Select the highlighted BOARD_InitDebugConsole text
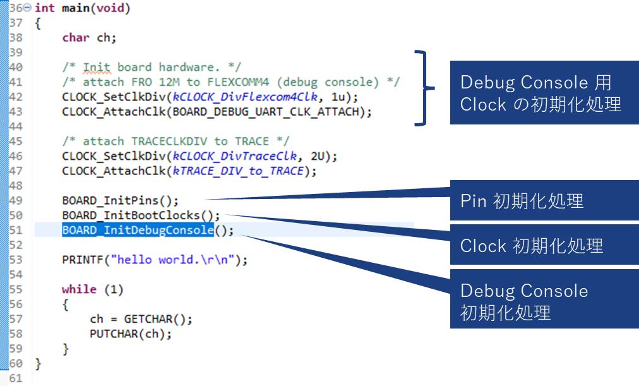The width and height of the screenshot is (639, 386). click(138, 230)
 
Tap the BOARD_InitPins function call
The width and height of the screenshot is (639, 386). click(112, 200)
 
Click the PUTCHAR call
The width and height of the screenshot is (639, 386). click(114, 334)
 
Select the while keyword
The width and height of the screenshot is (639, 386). click(79, 289)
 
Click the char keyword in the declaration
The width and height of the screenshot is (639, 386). click(76, 37)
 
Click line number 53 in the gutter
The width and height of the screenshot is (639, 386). click(16, 260)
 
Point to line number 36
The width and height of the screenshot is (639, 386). click(16, 8)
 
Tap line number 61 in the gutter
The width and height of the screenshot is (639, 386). click(16, 378)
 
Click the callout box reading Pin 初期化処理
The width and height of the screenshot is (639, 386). click(544, 202)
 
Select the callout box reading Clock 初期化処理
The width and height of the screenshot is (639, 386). click(544, 246)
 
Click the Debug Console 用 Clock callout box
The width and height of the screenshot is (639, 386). click(544, 92)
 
